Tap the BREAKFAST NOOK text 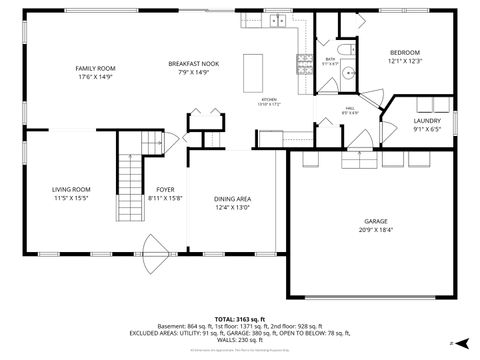tap(193, 63)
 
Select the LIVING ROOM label tap(71, 189)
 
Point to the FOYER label tap(165, 189)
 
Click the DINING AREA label tap(231, 199)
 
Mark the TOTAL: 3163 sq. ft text tap(239, 318)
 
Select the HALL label tap(351, 108)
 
